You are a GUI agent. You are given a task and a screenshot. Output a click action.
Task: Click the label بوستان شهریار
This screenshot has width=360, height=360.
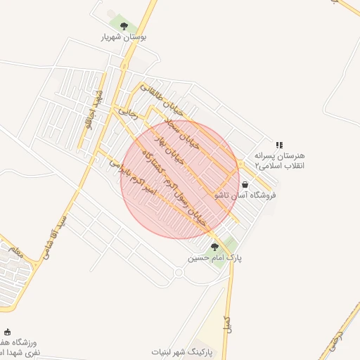tap(124, 38)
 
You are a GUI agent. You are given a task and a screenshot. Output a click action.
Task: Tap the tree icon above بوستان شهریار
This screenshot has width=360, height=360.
tap(124, 27)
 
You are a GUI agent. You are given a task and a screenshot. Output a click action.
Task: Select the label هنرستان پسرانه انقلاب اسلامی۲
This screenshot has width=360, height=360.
tap(278, 161)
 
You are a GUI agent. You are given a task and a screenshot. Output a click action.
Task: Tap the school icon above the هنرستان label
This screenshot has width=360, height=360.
tap(279, 145)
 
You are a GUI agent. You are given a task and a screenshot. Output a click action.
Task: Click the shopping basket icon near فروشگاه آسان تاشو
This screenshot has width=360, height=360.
tap(245, 184)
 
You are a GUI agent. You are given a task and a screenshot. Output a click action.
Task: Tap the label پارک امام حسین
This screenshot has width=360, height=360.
tap(214, 258)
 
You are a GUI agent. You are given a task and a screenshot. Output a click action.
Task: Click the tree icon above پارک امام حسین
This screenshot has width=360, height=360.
tap(214, 246)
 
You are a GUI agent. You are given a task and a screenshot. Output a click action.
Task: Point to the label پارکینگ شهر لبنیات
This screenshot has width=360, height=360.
tap(186, 350)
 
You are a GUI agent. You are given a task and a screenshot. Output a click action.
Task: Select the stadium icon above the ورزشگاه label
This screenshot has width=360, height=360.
tap(8, 331)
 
